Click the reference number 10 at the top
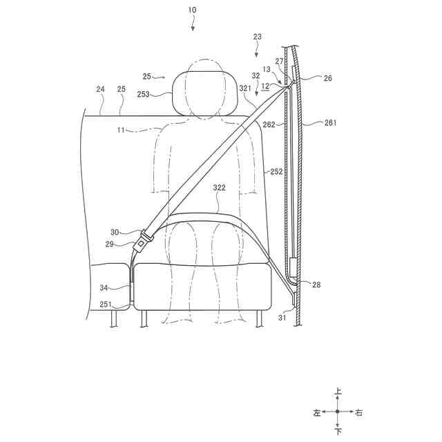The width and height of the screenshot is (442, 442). tap(192, 10)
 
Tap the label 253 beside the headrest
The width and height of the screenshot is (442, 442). tap(143, 94)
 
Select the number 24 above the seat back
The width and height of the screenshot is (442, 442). tap(100, 89)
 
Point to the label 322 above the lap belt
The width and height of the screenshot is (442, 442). tap(220, 187)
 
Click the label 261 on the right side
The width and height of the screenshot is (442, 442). tap(330, 123)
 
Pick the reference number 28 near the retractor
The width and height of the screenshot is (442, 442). tap(316, 285)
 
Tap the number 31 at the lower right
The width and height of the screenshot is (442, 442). tap(282, 318)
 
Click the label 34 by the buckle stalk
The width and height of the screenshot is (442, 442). tap(104, 288)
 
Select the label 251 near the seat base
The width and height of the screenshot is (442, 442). tap(106, 305)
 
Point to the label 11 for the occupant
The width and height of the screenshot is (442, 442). tap(121, 130)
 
